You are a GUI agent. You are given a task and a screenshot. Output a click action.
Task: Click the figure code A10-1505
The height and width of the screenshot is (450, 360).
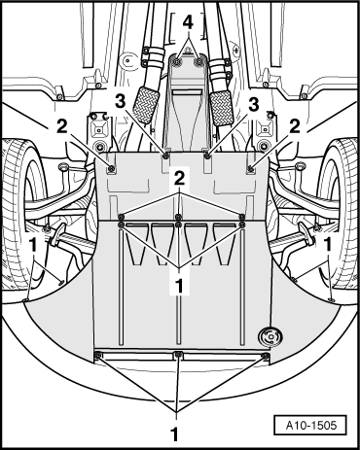pos(311,425)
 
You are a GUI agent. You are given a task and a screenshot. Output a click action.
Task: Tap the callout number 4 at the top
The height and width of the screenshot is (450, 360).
pos(188,23)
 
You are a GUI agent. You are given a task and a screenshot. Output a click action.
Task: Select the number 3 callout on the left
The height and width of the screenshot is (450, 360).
pos(121,102)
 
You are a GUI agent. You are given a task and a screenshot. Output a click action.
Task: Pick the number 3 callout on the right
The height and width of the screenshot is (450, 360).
pos(253,105)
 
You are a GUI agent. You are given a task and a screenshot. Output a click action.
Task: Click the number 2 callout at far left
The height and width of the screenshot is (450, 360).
pos(61,127)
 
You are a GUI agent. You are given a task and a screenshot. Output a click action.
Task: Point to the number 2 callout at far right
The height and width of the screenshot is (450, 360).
pos(295,127)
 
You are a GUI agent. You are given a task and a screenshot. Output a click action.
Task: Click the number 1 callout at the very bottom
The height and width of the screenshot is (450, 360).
pos(175,434)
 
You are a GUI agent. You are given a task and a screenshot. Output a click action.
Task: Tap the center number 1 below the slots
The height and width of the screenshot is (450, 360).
pos(179,286)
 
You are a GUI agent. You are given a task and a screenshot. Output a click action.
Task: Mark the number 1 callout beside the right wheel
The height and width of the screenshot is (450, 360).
pos(328,245)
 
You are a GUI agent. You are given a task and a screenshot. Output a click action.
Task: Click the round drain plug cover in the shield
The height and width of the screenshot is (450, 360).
pos(270,337)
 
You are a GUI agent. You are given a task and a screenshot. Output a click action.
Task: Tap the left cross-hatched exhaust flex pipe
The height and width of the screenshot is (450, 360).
pos(146,105)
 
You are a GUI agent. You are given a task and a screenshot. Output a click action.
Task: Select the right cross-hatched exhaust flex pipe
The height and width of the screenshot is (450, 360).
pos(222,108)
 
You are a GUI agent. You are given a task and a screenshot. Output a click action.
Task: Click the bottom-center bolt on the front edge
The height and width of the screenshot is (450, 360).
pos(178,355)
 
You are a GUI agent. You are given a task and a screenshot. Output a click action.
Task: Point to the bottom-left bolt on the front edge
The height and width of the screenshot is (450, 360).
pos(98,356)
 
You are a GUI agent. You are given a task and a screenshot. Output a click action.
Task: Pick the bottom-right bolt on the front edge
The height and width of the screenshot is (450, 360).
pos(266,357)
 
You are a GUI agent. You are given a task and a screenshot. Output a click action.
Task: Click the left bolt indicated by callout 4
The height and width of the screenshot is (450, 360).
pos(177,62)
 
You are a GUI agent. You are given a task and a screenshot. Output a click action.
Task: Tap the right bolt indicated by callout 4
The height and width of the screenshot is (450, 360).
pos(198,62)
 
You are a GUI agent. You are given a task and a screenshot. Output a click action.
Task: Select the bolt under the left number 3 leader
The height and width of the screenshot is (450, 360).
pos(166,156)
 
